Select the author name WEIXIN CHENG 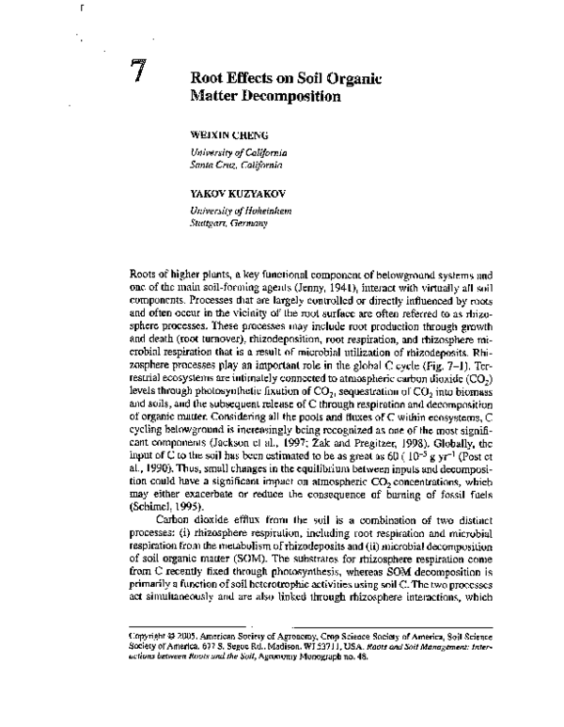[x=226, y=134]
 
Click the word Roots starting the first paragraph [x=142, y=271]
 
